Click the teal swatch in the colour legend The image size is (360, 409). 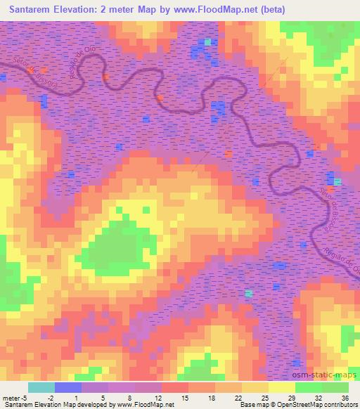point(41,387)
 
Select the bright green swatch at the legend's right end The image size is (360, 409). point(335,387)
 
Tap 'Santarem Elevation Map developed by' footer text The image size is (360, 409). point(51,405)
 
